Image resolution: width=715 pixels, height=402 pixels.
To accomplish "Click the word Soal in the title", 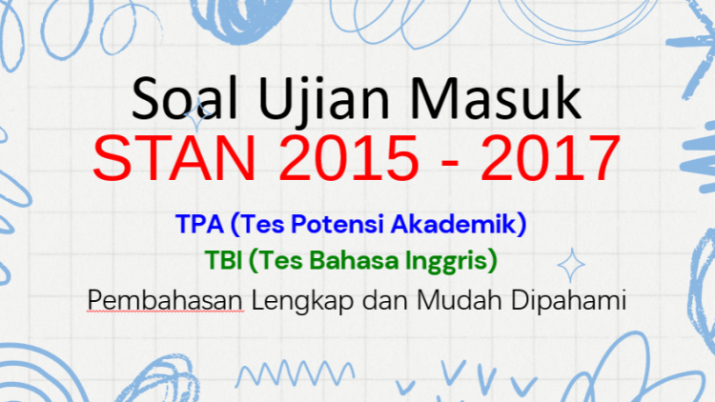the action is click(x=184, y=98).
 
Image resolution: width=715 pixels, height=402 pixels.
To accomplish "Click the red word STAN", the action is click(x=174, y=158).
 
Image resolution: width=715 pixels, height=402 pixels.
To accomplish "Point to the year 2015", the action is click(x=349, y=158).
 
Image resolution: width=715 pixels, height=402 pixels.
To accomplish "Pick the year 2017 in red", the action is click(x=550, y=158).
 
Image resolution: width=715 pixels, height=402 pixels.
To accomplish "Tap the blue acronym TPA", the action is click(x=200, y=224).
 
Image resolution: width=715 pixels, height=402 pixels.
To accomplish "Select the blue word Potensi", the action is click(x=337, y=224).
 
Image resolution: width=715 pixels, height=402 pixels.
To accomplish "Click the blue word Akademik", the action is click(x=453, y=224).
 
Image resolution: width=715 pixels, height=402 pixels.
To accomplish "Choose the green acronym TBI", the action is click(x=223, y=260).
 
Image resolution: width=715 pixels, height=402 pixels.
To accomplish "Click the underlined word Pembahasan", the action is click(x=165, y=300).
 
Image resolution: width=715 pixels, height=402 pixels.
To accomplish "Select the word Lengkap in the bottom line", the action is click(x=302, y=301).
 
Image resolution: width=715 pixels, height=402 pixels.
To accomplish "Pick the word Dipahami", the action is click(x=568, y=301).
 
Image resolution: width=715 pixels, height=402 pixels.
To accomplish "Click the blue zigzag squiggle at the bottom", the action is click(x=295, y=372).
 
